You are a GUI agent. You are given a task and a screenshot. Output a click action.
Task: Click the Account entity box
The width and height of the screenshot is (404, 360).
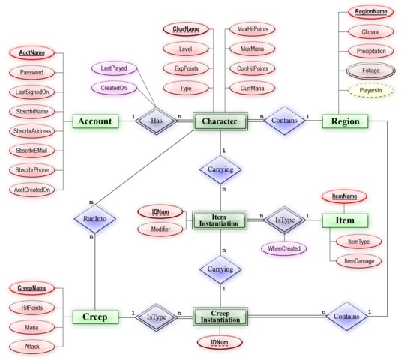95,121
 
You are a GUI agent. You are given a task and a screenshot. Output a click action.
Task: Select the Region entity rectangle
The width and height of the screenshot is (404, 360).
345,121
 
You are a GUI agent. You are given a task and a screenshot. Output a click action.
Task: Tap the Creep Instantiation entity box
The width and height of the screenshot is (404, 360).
220,316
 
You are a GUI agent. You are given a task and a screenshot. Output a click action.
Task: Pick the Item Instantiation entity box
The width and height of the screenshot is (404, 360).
220,220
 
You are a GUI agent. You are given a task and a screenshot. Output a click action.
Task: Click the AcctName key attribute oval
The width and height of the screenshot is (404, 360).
31,54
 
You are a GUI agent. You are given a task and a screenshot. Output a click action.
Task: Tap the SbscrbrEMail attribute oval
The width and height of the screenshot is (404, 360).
31,151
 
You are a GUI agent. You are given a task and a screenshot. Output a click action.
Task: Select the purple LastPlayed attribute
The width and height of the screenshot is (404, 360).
114,68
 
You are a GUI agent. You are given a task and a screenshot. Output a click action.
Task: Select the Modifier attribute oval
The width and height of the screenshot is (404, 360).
159,229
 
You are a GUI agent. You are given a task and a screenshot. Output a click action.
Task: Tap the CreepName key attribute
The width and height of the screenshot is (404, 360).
31,288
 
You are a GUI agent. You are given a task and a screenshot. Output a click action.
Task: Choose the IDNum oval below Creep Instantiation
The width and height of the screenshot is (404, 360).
220,343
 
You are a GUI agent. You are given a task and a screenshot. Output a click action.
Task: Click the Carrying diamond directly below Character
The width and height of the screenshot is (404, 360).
220,169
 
